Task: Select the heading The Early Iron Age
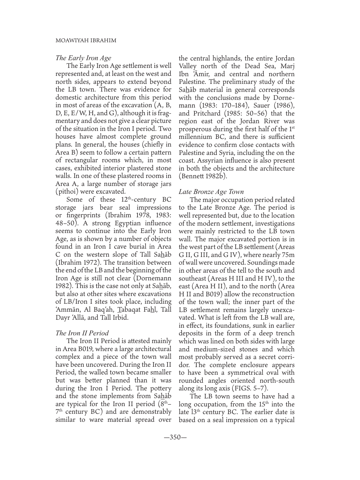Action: coord(83,58)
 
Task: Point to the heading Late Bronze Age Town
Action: coord(211,192)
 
